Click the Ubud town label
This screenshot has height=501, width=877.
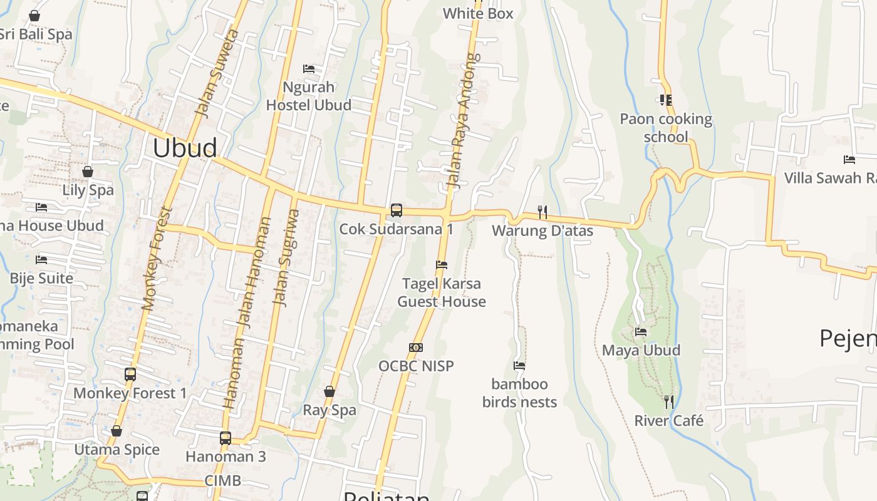click(185, 148)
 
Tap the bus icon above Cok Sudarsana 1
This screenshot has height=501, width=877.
click(396, 210)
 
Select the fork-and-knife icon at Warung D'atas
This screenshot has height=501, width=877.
click(542, 212)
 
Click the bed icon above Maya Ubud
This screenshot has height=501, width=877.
click(640, 332)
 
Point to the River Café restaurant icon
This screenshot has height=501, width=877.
click(669, 402)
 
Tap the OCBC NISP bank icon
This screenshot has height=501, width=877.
click(416, 348)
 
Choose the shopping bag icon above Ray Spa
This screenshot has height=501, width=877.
click(330, 392)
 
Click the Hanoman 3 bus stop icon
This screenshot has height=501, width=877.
click(226, 438)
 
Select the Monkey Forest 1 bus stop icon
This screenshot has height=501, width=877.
click(130, 374)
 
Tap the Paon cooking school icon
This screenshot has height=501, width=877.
click(665, 100)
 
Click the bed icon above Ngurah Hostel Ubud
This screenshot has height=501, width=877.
click(308, 68)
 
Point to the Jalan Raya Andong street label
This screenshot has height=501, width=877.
click(462, 121)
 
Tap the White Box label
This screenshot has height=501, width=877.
click(478, 13)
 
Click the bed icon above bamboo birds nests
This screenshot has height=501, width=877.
click(519, 366)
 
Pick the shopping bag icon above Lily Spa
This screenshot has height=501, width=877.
click(88, 172)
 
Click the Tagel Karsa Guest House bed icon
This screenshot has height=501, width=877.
click(442, 265)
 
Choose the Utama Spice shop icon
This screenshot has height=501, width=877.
click(117, 431)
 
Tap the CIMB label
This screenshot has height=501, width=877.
click(222, 481)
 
